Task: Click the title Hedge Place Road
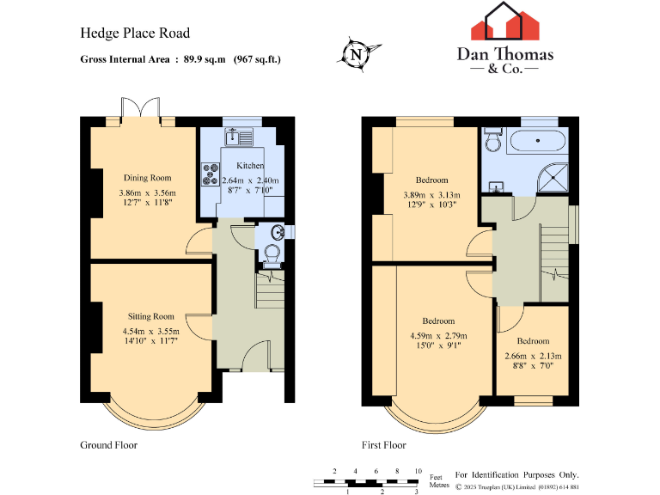(135, 34)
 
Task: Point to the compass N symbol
(355, 54)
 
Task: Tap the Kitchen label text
(250, 166)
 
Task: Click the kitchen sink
(236, 136)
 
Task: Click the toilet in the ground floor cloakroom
(272, 253)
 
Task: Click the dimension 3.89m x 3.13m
(431, 194)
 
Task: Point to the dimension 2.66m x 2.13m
(533, 356)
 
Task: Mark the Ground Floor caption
(108, 445)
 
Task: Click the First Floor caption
(383, 445)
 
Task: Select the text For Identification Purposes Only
(516, 474)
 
